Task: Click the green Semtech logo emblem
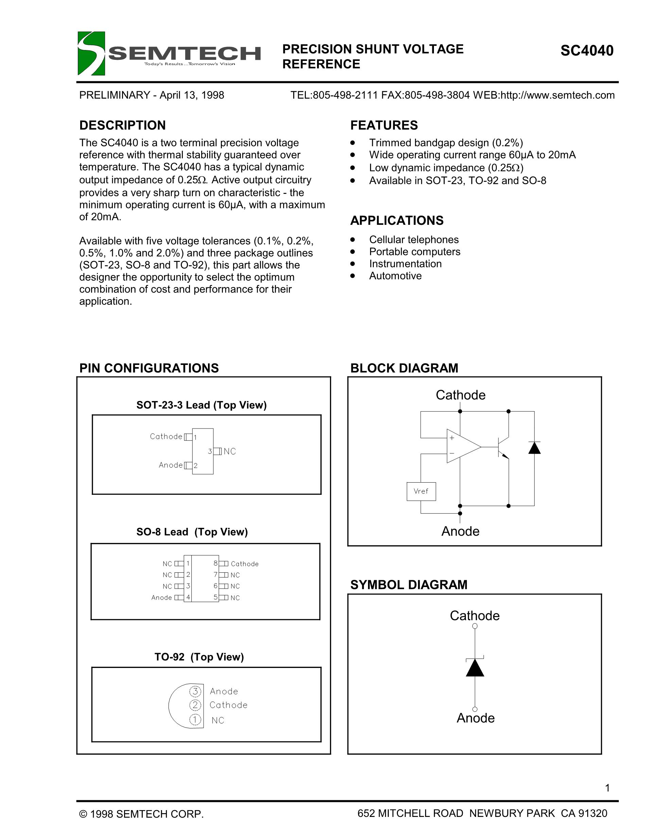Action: pyautogui.click(x=91, y=53)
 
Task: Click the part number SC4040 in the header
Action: pyautogui.click(x=587, y=51)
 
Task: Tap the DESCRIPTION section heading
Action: pyautogui.click(x=122, y=125)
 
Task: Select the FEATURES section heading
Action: pyautogui.click(x=384, y=125)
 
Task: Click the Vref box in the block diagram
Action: pyautogui.click(x=421, y=491)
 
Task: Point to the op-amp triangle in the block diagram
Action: pyautogui.click(x=462, y=446)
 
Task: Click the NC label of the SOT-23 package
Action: pyautogui.click(x=230, y=451)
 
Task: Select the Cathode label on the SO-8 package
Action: pyautogui.click(x=245, y=564)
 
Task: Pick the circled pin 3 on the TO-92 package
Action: pyautogui.click(x=195, y=691)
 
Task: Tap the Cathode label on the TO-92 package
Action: pyautogui.click(x=228, y=705)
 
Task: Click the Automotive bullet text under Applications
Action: pyautogui.click(x=395, y=276)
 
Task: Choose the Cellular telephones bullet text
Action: pyautogui.click(x=414, y=240)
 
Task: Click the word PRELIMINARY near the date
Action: pyautogui.click(x=114, y=95)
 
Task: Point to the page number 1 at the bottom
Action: pyautogui.click(x=607, y=788)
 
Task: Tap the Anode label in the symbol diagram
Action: pyautogui.click(x=475, y=718)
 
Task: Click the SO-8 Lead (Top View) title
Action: pyautogui.click(x=192, y=532)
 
